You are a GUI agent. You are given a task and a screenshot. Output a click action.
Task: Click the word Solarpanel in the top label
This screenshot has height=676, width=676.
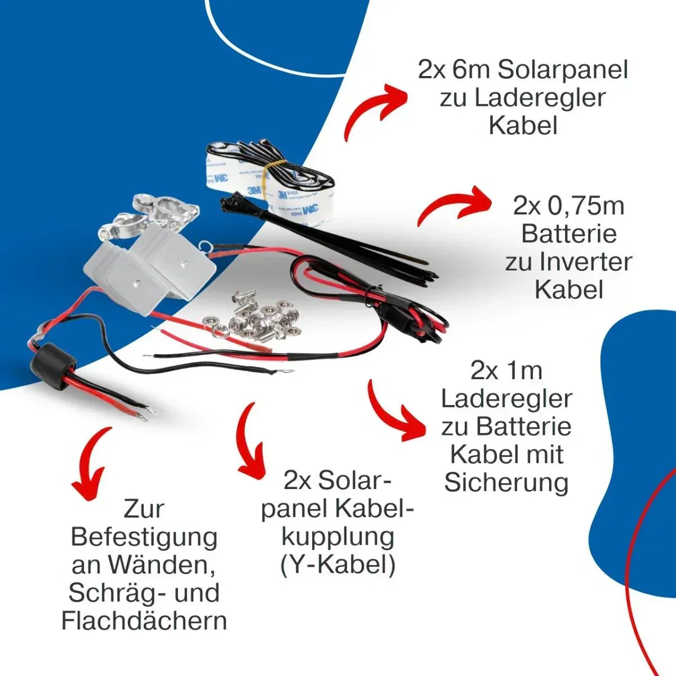[562, 70]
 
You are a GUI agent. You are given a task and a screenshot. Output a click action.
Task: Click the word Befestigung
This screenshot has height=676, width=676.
[144, 539]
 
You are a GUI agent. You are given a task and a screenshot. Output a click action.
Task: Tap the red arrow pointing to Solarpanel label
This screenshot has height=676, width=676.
[375, 110]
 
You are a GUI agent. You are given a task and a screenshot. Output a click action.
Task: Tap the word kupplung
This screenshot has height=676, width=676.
[337, 539]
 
